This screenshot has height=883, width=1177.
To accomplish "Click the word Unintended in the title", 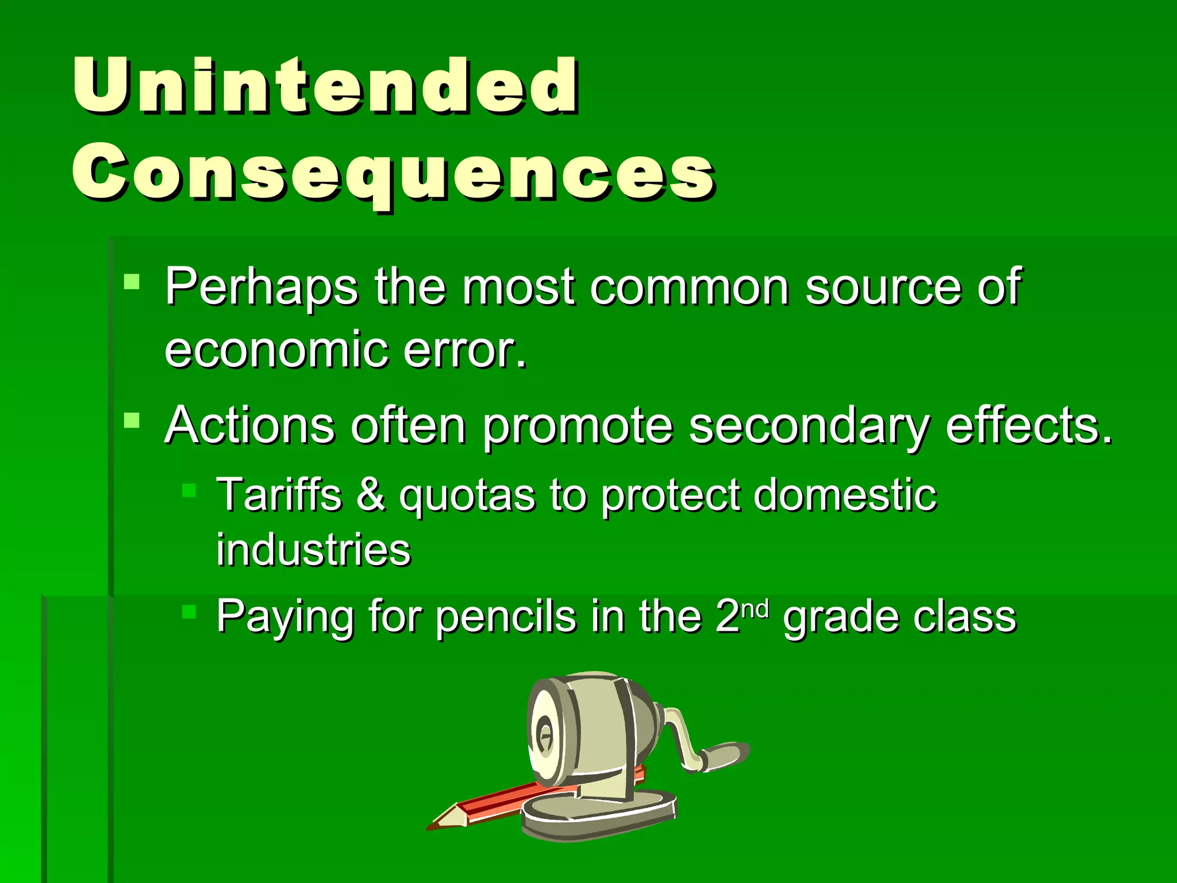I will click(325, 86).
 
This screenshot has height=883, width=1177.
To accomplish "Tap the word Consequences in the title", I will click(393, 172).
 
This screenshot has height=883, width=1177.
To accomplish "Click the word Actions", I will click(250, 426).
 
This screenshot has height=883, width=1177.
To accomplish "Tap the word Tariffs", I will click(279, 495).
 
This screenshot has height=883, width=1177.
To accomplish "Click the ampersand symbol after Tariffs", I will click(371, 495).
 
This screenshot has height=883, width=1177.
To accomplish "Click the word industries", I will click(313, 551).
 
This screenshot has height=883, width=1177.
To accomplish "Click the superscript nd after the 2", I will click(755, 608).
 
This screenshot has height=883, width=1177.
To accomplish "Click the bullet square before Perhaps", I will click(132, 281).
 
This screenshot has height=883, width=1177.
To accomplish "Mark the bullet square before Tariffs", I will click(189, 490).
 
